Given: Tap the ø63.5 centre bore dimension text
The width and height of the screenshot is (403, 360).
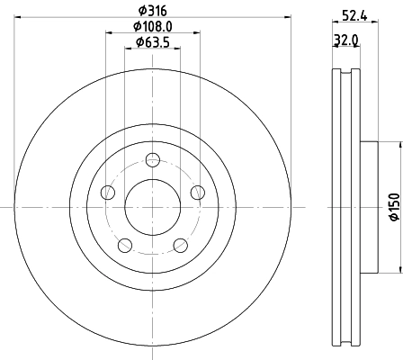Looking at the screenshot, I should pyautogui.click(x=153, y=41).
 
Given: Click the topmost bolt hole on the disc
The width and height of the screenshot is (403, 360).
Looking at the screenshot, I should pyautogui.click(x=153, y=160).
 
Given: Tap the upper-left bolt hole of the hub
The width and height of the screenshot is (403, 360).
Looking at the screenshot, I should pyautogui.click(x=109, y=192).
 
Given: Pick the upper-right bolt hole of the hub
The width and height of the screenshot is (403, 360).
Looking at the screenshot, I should pyautogui.click(x=197, y=191).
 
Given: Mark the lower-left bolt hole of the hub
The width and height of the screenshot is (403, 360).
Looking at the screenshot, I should pyautogui.click(x=125, y=244).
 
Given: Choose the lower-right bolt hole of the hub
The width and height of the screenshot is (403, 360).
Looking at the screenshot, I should pyautogui.click(x=180, y=244).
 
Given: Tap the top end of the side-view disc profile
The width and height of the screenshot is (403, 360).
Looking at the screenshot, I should pyautogui.click(x=345, y=71).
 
